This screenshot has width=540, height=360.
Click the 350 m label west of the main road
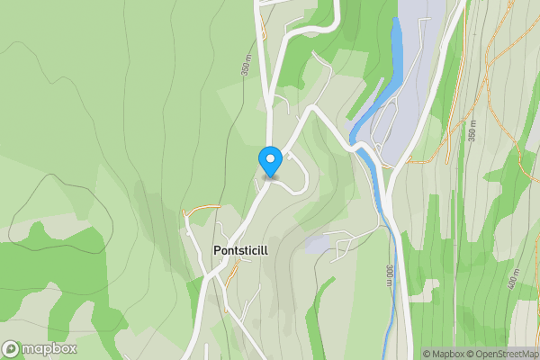pyautogui.click(x=245, y=65)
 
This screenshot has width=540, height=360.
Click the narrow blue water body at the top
pyautogui.click(x=394, y=54)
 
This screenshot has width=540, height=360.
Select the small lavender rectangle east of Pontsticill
pyautogui.click(x=318, y=244)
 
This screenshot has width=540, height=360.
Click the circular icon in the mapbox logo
pyautogui.click(x=12, y=348)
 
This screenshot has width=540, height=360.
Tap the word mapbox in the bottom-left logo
pyautogui.click(x=49, y=348)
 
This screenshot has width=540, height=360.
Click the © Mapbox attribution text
pyautogui.click(x=445, y=354)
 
